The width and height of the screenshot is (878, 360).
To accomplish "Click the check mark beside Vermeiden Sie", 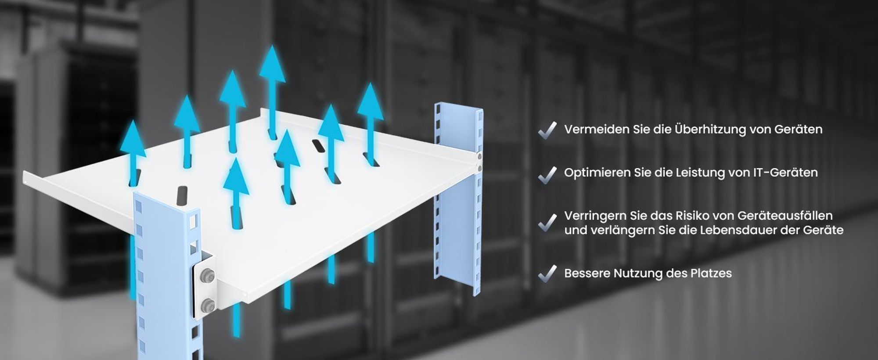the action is pyautogui.click(x=547, y=130).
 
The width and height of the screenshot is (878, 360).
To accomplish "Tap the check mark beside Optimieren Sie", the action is pyautogui.click(x=547, y=175).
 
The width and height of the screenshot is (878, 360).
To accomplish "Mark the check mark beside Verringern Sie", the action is pyautogui.click(x=547, y=223).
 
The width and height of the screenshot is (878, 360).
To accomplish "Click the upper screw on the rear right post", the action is pyautogui.click(x=479, y=156).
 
